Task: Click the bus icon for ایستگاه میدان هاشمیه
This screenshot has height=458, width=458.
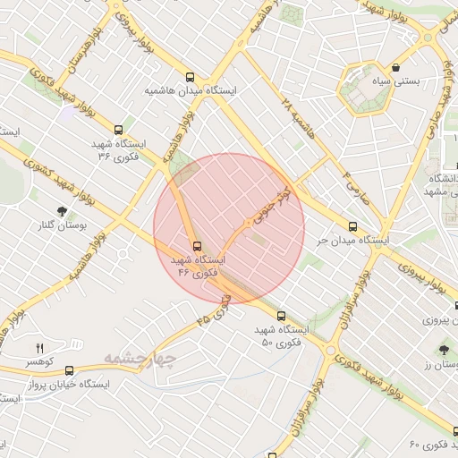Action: [x=189, y=77]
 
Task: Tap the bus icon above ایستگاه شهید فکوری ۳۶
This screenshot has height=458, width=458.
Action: [x=119, y=130]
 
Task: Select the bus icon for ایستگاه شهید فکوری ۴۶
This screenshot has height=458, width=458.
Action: [x=196, y=246]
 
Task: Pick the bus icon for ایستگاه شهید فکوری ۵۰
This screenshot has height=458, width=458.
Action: [x=281, y=316]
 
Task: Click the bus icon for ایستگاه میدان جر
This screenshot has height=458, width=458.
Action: [x=352, y=226]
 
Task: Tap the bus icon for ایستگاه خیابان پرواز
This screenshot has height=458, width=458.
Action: [x=69, y=370]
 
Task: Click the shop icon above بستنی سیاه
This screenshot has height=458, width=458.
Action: [x=395, y=67]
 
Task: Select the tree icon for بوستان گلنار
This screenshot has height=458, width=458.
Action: [x=61, y=212]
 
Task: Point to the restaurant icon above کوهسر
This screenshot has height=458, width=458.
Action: [x=39, y=347]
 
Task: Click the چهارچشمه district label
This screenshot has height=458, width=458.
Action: [x=140, y=357]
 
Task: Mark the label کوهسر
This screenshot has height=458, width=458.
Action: [x=40, y=361]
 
